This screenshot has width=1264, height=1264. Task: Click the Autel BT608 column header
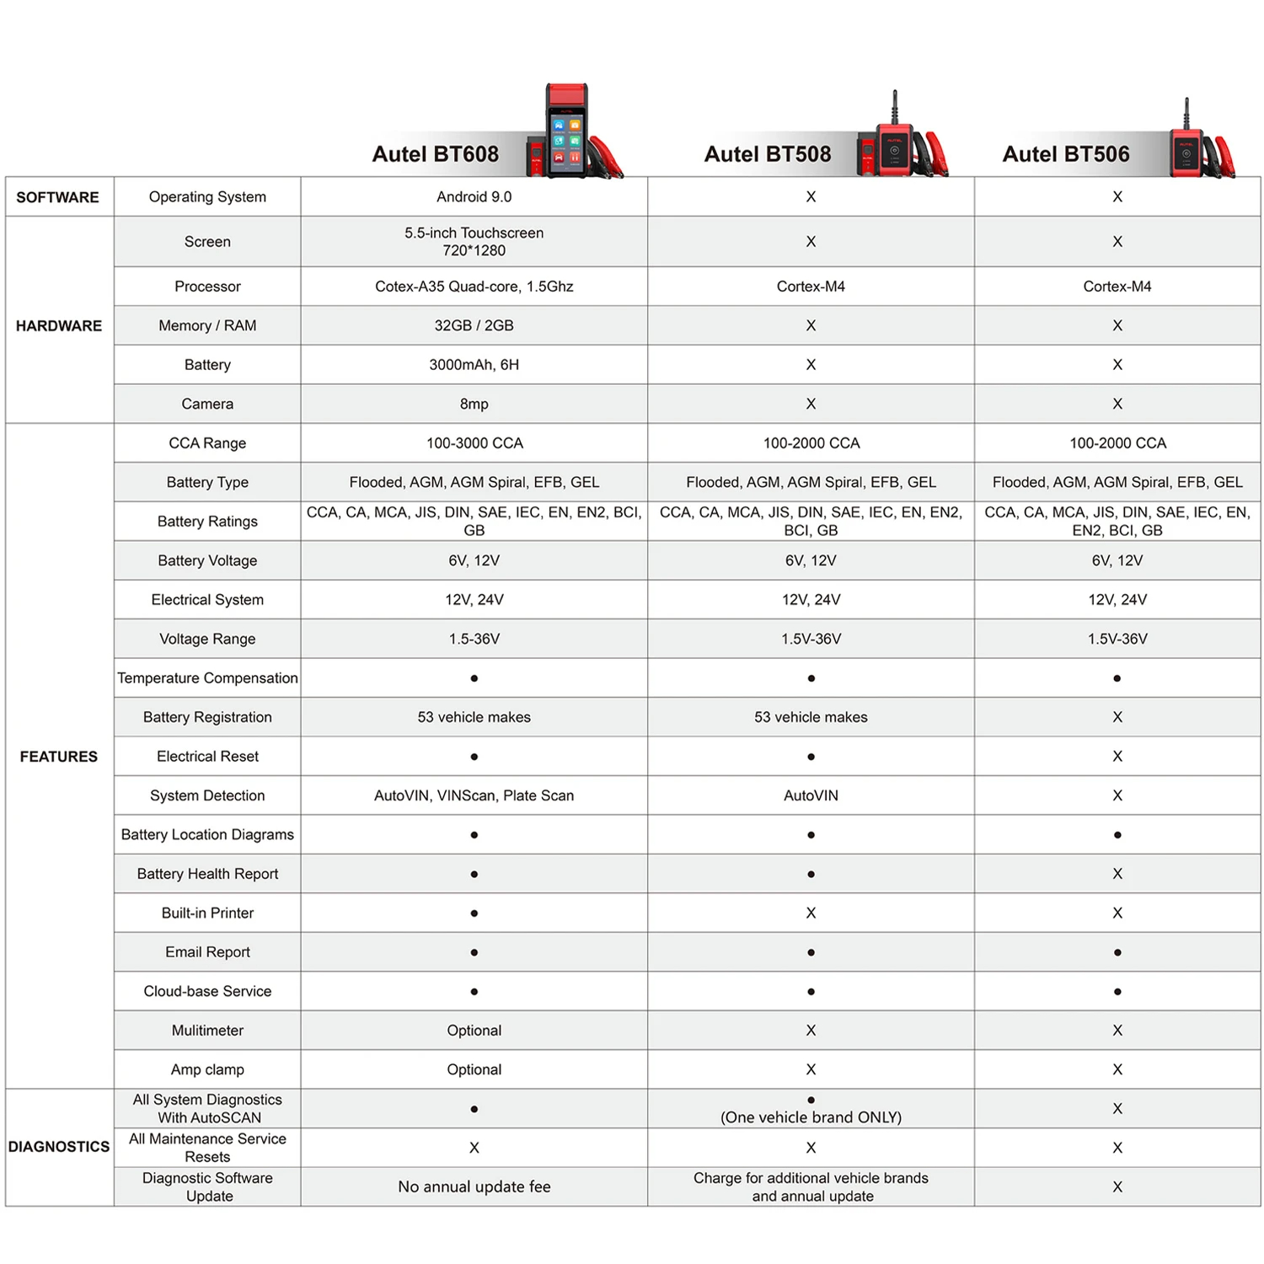click(x=436, y=154)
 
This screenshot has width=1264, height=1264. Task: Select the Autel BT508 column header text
click(x=767, y=154)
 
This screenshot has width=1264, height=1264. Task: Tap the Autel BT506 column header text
click(x=1065, y=154)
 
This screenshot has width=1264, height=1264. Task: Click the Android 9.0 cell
click(x=474, y=197)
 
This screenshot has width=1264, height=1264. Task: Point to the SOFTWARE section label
click(x=57, y=197)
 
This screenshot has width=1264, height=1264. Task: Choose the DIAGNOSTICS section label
click(x=59, y=1147)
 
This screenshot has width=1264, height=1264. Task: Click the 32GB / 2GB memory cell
click(x=474, y=325)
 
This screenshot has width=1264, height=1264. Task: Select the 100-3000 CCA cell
click(x=474, y=443)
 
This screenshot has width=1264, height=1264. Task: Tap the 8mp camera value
click(x=474, y=404)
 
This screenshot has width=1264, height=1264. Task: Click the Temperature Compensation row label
click(x=207, y=678)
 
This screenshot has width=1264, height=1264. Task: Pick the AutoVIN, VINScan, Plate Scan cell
click(x=474, y=795)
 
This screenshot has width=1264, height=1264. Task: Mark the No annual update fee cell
click(x=474, y=1186)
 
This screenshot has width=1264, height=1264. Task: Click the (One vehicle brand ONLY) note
click(x=811, y=1117)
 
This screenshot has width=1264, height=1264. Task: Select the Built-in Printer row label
click(x=207, y=913)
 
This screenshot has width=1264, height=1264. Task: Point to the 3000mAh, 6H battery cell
click(x=474, y=365)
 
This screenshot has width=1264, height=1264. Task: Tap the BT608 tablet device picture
click(x=566, y=131)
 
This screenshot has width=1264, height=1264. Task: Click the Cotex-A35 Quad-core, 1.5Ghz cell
click(x=474, y=287)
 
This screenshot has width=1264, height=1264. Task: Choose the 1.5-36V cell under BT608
click(x=474, y=639)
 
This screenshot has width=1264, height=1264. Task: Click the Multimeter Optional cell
click(x=474, y=1031)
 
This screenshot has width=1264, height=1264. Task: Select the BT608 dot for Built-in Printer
click(x=474, y=913)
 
